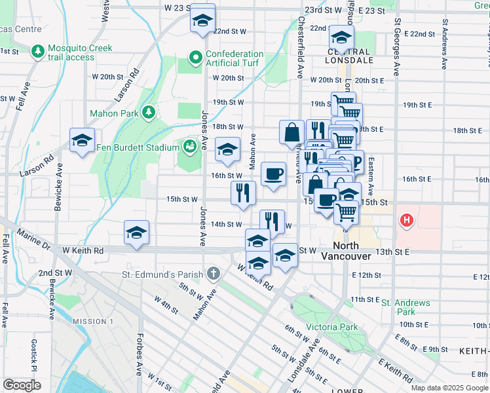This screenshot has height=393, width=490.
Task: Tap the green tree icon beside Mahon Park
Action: (149, 113)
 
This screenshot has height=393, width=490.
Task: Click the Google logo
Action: (22, 384)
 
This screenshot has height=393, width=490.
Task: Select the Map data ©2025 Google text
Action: (449, 388)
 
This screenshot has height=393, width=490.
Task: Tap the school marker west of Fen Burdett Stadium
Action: (83, 140)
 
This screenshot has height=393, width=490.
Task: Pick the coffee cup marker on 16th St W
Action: (273, 174)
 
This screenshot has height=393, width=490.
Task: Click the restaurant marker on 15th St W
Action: (242, 193)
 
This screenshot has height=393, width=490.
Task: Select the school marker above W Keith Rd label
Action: (136, 233)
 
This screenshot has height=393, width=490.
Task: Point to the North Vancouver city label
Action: (347, 252)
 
